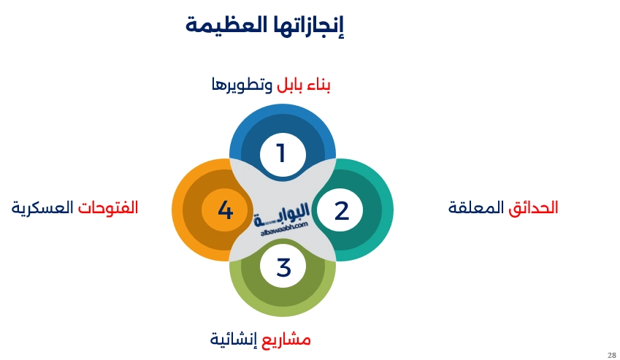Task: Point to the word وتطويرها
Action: tap(242, 85)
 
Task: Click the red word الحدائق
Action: tap(534, 207)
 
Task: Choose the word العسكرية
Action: tap(43, 207)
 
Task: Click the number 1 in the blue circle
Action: tap(281, 153)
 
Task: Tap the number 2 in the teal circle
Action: tap(342, 210)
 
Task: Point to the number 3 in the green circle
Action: tap(283, 268)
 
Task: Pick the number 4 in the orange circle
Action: tap(225, 210)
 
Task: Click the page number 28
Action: tap(611, 354)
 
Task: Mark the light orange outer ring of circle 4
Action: tap(177, 210)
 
